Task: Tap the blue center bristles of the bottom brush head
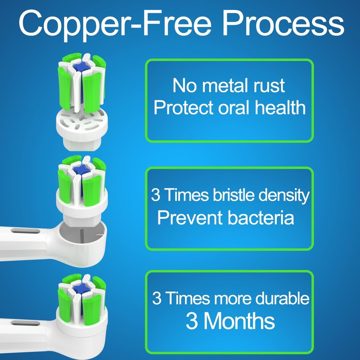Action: click(81, 288)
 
